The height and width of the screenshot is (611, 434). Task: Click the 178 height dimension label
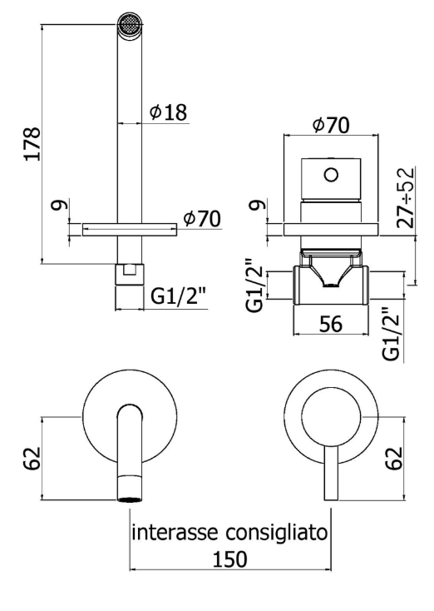32,143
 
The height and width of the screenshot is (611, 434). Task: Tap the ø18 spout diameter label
168,112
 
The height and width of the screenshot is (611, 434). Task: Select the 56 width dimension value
330,324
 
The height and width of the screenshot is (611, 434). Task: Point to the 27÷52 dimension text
405,197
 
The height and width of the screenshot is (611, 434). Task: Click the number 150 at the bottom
229,559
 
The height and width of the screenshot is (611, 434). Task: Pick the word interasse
177,532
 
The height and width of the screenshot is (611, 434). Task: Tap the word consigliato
277,533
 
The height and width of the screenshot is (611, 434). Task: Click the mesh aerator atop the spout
130,24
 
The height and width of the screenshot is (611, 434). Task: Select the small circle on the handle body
331,175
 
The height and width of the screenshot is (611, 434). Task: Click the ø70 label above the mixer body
331,125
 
